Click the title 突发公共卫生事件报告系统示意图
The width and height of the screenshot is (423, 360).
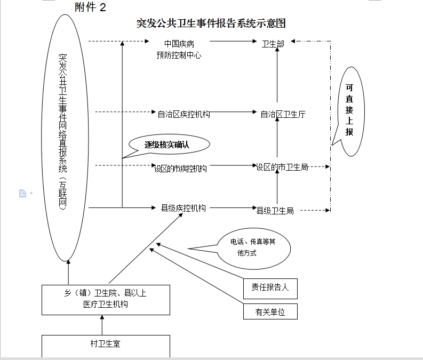pyautogui.click(x=211, y=23)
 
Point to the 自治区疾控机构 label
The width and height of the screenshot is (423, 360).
pyautogui.click(x=183, y=114)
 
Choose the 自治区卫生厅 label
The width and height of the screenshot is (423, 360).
pyautogui.click(x=283, y=114)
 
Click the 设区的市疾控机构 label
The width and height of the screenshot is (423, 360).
pyautogui.click(x=180, y=169)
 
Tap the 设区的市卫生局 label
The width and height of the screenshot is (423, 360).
pyautogui.click(x=282, y=167)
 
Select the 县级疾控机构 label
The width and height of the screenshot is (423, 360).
pyautogui.click(x=183, y=208)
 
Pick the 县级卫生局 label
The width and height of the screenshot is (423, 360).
pyautogui.click(x=275, y=211)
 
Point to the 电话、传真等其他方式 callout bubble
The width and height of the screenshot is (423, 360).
pyautogui.click(x=253, y=247)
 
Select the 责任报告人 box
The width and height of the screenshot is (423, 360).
pyautogui.click(x=270, y=287)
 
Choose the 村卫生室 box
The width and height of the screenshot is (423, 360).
pyautogui.click(x=106, y=344)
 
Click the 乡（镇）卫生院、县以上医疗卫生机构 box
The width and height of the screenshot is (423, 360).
pyautogui.click(x=106, y=299)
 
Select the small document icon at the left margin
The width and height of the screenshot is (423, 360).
pyautogui.click(x=22, y=193)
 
